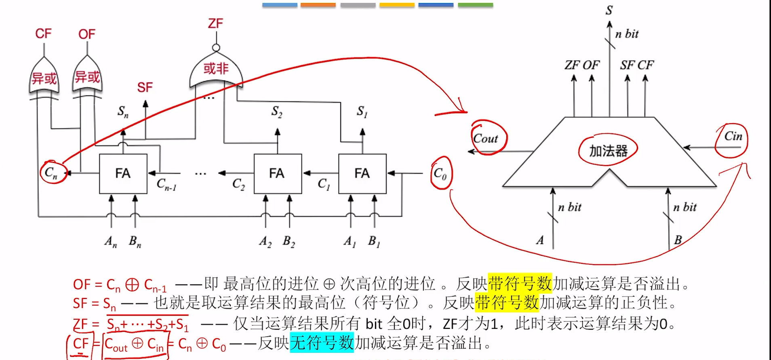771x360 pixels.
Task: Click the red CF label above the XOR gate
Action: coord(43,34)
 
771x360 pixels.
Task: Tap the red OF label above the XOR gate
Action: coord(87,34)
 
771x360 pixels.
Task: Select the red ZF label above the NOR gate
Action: coord(215,23)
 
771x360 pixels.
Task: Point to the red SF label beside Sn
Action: coord(145,87)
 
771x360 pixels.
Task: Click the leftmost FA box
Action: coord(123,174)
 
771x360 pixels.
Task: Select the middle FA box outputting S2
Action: coord(277,174)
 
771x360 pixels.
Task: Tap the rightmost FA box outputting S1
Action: coord(362,174)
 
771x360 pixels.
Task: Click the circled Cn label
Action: coord(51,173)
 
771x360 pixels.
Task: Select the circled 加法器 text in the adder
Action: coord(608,151)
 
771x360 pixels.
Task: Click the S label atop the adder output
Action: coord(609,10)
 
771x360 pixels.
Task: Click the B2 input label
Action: coord(289,242)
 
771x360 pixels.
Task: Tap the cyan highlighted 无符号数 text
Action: coord(322,343)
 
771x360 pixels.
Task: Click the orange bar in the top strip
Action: coord(318,5)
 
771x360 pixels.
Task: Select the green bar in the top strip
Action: coord(475,5)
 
